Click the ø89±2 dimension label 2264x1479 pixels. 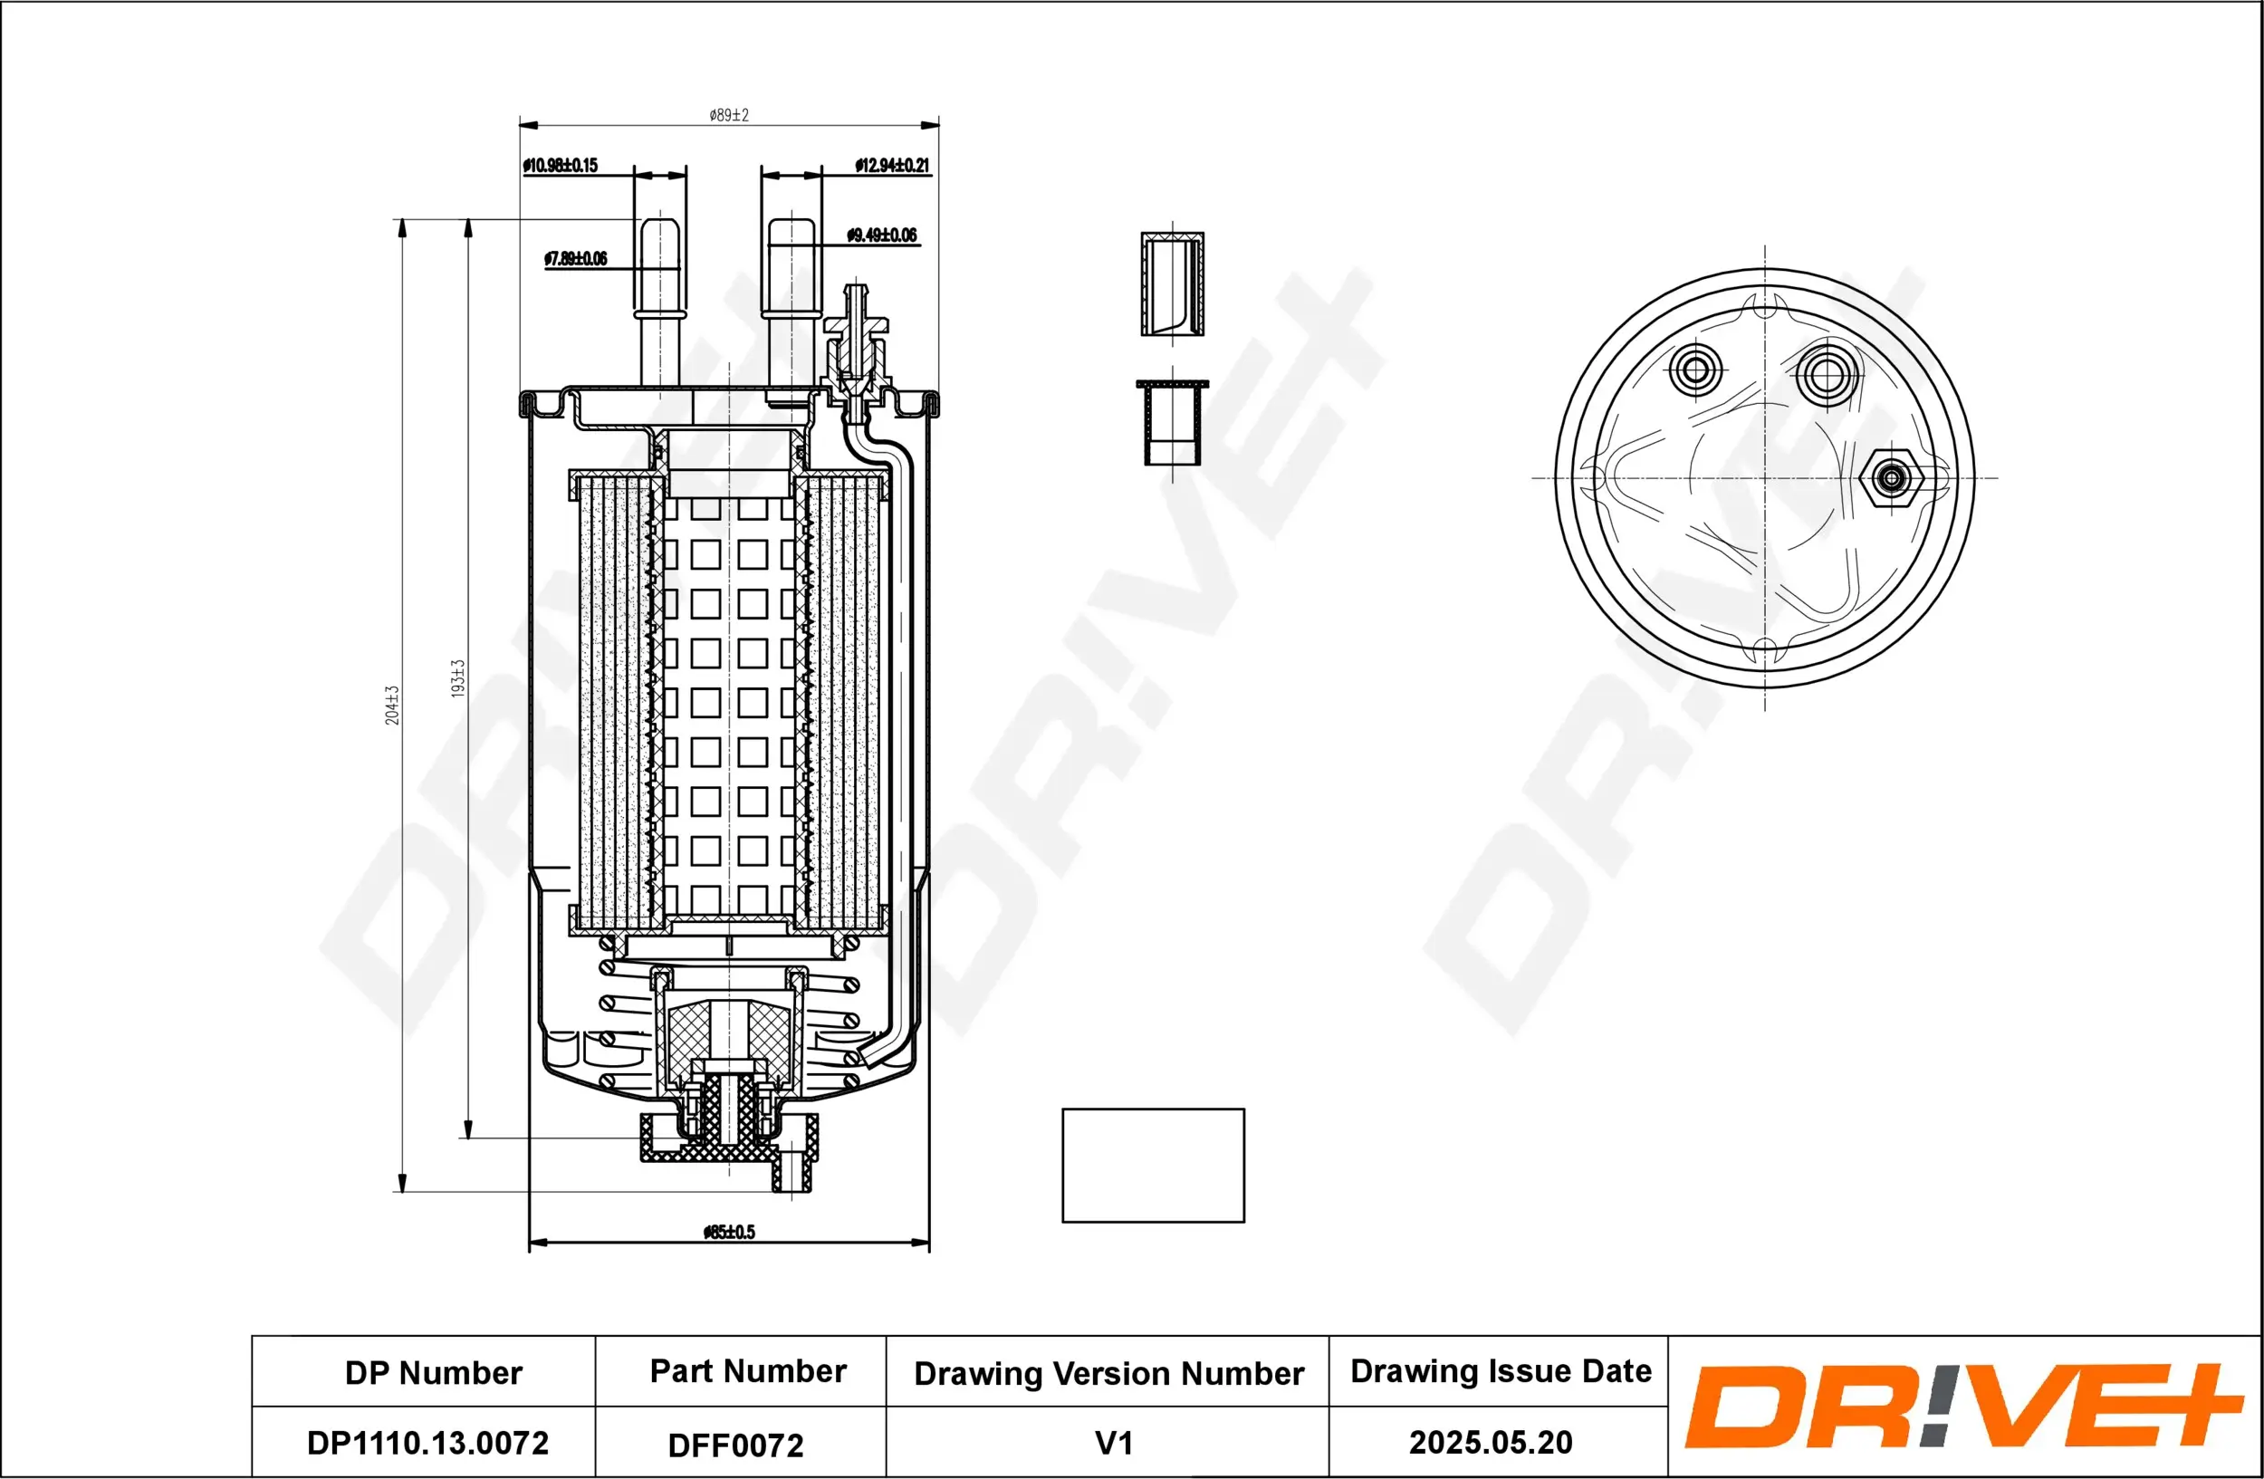[729, 115]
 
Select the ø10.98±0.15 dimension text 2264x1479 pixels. [561, 166]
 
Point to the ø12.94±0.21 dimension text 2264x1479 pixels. [891, 166]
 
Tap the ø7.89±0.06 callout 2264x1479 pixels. [576, 259]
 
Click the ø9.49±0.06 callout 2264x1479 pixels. [882, 235]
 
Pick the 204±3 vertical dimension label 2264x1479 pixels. [393, 705]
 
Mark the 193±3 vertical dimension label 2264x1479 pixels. [457, 678]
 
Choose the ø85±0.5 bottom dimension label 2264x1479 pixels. [729, 1232]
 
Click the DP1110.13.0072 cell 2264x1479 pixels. [427, 1443]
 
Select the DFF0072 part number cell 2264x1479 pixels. [735, 1445]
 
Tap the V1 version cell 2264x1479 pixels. [1114, 1444]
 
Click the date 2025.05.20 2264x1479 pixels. [1491, 1443]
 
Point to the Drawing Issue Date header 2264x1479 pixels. [1501, 1371]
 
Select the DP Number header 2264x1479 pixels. [433, 1373]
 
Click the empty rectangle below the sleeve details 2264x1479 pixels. [1153, 1165]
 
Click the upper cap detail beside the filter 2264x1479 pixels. [1172, 283]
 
